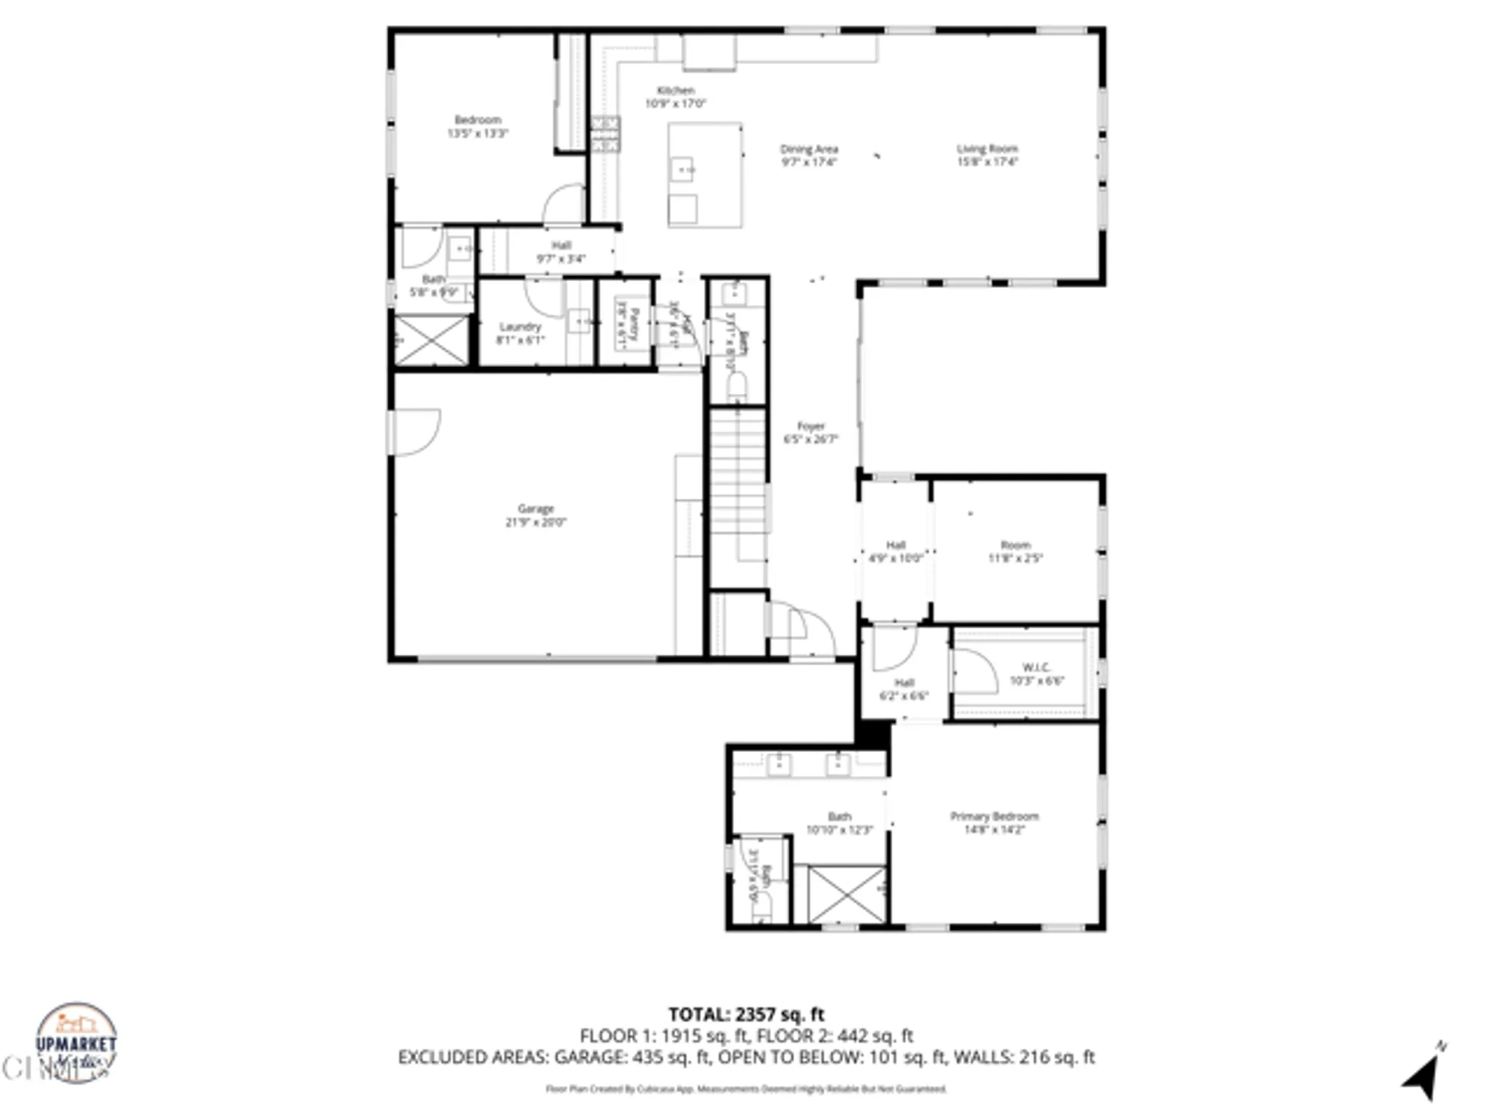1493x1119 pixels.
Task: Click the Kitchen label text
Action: [x=676, y=90]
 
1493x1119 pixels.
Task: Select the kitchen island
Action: [x=705, y=175]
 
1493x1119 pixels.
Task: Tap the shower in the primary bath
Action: [x=847, y=894]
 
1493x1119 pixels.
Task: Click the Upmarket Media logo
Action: [x=76, y=1043]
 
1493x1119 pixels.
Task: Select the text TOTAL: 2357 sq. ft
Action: [x=746, y=1015]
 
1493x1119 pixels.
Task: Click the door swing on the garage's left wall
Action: [x=415, y=431]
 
